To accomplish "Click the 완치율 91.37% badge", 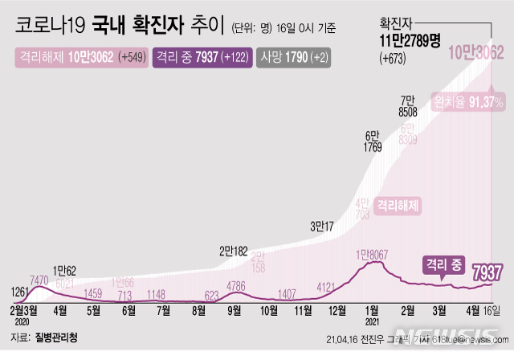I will click(x=468, y=102).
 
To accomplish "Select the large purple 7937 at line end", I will click(x=487, y=272).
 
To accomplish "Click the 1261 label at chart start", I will click(x=22, y=290).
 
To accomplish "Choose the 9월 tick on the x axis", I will click(x=235, y=309).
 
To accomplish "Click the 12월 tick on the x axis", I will click(x=337, y=309).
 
